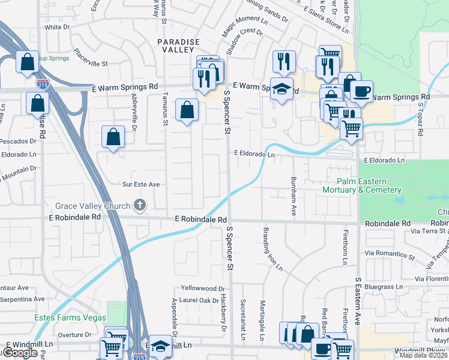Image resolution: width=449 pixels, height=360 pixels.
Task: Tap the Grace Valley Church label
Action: [x=92, y=206]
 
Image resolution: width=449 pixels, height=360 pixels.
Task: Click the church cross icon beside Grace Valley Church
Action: [x=139, y=206]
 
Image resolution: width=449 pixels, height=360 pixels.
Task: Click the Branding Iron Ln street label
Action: [x=272, y=249]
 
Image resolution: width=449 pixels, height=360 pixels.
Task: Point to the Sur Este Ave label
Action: [x=141, y=185]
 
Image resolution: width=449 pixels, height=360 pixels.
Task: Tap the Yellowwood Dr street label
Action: [x=205, y=287]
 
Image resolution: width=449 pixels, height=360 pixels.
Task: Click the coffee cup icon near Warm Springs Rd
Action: [x=361, y=91]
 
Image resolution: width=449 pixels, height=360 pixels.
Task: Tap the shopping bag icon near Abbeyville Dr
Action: [x=113, y=137]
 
